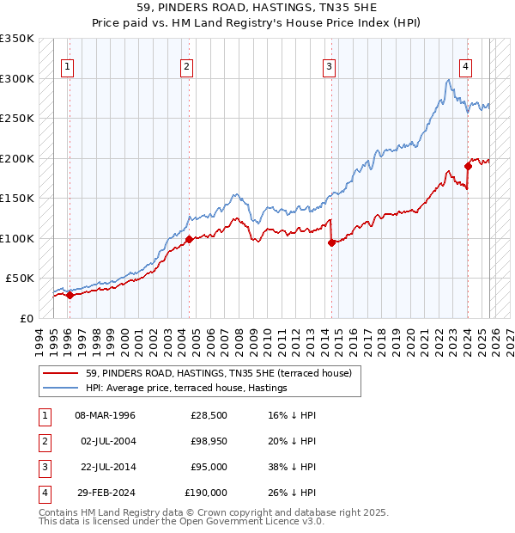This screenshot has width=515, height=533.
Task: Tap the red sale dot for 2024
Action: point(468,166)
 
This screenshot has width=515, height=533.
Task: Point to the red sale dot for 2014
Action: point(331,242)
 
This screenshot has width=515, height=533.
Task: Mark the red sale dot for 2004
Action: point(190,239)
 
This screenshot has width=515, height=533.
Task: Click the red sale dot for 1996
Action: point(70,295)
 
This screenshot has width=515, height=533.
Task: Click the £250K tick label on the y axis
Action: point(17,119)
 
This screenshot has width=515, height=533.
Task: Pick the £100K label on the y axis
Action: point(17,238)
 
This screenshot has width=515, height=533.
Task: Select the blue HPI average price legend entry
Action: point(185,389)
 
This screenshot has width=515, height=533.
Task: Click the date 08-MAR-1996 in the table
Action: point(105,415)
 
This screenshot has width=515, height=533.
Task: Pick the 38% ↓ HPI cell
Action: point(292,467)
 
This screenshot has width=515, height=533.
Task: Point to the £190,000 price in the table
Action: point(207,493)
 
